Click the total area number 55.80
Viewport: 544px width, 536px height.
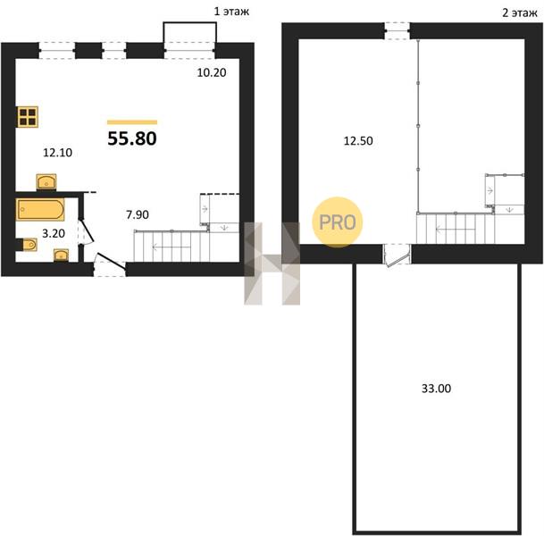[x=132, y=138]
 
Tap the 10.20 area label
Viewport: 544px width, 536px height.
[x=212, y=72]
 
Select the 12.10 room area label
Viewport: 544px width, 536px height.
[x=57, y=152]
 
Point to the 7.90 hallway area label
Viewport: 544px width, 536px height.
[x=138, y=214]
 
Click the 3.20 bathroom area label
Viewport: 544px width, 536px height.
[x=54, y=233]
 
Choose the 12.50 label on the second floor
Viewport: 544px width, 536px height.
[x=358, y=141]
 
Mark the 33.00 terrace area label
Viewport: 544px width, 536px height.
[x=437, y=389]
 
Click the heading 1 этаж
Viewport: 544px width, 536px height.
[x=231, y=12]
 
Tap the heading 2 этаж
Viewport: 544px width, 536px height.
[x=520, y=13]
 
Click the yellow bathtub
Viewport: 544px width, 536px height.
[x=40, y=210]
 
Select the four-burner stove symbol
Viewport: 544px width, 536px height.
[x=28, y=116]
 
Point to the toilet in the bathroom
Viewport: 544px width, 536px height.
[x=29, y=245]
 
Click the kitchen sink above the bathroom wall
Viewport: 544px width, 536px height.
[x=46, y=182]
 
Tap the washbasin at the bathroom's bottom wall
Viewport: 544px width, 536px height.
[x=61, y=255]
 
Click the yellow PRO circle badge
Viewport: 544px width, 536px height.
[x=338, y=222]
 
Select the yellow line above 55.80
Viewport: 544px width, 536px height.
[x=132, y=122]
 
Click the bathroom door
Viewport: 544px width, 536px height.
[x=86, y=231]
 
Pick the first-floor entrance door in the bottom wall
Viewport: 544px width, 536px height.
[x=110, y=264]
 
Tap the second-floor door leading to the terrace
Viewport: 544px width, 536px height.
[x=397, y=255]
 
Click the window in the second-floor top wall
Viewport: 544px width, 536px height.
[x=398, y=31]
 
